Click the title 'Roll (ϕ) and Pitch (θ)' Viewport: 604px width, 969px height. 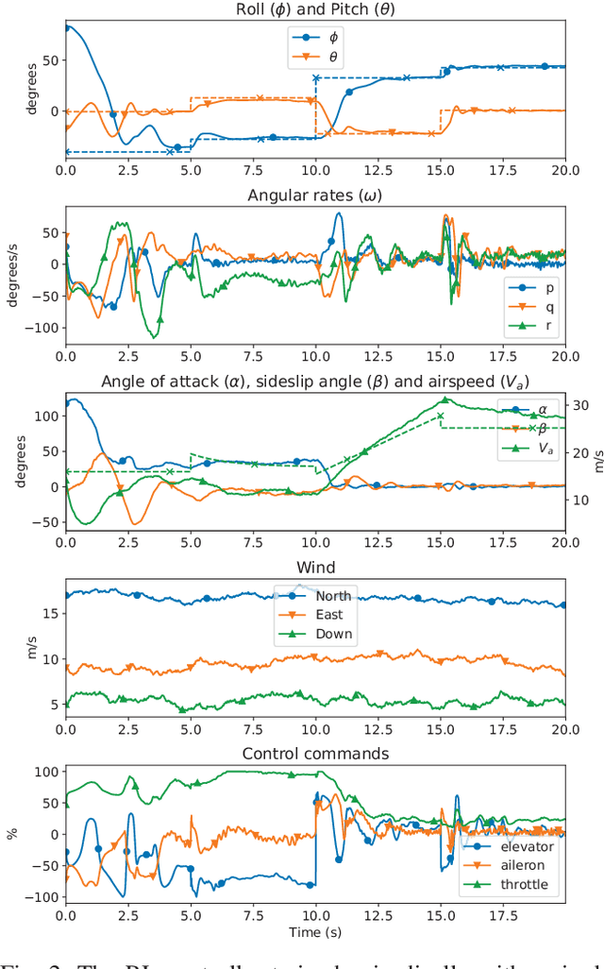pyautogui.click(x=315, y=9)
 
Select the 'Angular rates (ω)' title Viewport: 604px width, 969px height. pyautogui.click(x=315, y=195)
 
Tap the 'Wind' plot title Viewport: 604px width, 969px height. pyautogui.click(x=315, y=569)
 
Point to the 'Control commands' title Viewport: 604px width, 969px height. pyautogui.click(x=315, y=753)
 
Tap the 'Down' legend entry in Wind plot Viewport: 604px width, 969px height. pyautogui.click(x=326, y=635)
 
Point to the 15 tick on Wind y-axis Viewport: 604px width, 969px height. pyautogui.click(x=47, y=613)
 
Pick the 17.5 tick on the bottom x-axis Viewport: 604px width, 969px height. pyautogui.click(x=502, y=916)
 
